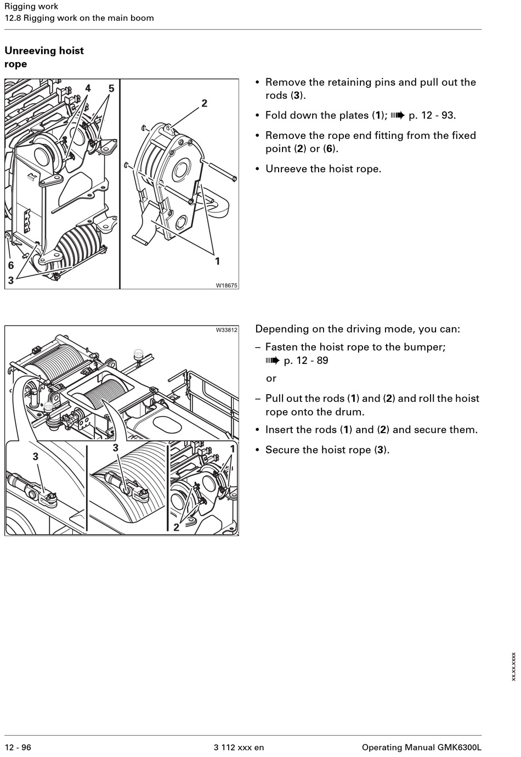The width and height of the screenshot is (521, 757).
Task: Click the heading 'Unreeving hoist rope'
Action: click(x=44, y=57)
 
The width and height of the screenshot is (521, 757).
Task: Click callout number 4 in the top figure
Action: click(x=88, y=88)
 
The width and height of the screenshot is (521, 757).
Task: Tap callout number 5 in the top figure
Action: click(x=111, y=88)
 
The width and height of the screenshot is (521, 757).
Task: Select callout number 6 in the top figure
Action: click(x=10, y=266)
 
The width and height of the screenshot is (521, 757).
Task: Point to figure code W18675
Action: click(x=226, y=285)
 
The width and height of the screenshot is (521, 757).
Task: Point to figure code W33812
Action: click(x=226, y=330)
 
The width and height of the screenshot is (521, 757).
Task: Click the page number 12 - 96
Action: click(x=18, y=747)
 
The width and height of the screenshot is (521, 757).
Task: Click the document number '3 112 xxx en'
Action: click(x=239, y=747)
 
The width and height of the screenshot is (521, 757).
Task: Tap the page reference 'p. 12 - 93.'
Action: click(x=432, y=115)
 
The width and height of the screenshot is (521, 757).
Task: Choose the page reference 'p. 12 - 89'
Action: click(x=305, y=361)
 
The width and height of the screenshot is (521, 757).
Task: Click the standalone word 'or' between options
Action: click(x=271, y=378)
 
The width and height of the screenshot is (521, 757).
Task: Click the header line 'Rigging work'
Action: click(x=31, y=7)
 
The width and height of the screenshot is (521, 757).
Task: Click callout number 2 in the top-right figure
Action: click(x=205, y=103)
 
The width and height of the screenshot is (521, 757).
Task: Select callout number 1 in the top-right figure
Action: click(x=217, y=261)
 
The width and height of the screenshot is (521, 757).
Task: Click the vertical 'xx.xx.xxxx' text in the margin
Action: click(x=513, y=666)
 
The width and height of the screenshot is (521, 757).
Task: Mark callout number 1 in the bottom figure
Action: click(x=233, y=449)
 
